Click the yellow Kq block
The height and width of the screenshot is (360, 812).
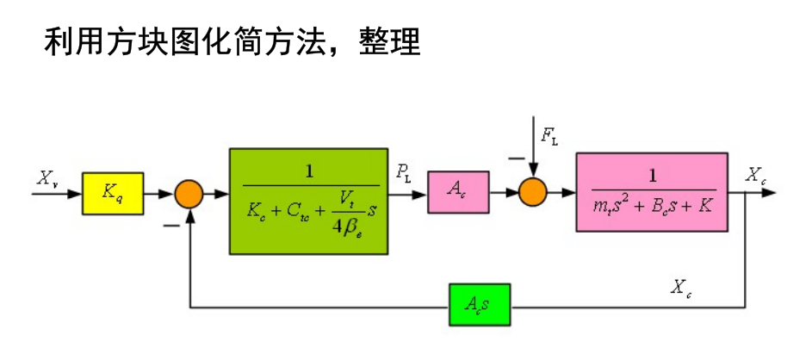click(x=112, y=193)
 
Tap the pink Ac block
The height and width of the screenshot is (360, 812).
click(x=457, y=193)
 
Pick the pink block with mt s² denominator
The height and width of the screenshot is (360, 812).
click(x=652, y=192)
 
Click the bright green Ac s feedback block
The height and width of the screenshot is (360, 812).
click(x=479, y=305)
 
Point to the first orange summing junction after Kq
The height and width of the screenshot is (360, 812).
click(x=189, y=194)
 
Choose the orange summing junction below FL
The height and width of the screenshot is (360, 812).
click(x=533, y=193)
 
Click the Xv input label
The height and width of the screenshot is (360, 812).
click(x=46, y=178)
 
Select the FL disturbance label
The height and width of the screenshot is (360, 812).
click(x=549, y=134)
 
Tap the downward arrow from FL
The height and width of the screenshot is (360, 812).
click(x=533, y=155)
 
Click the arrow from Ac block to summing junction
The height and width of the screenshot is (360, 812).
click(x=504, y=194)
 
